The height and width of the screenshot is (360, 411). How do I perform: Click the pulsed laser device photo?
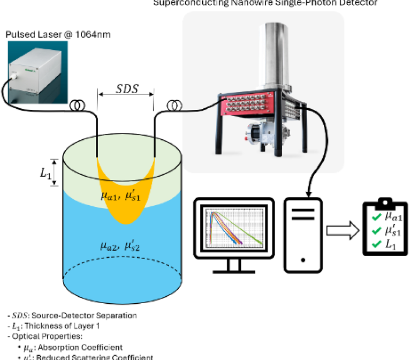(x=36, y=72)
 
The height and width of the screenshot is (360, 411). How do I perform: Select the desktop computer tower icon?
(x=303, y=234)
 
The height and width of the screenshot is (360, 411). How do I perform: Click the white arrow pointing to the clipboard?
(x=342, y=231)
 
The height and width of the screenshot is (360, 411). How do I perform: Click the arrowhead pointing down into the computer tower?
(x=309, y=192)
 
